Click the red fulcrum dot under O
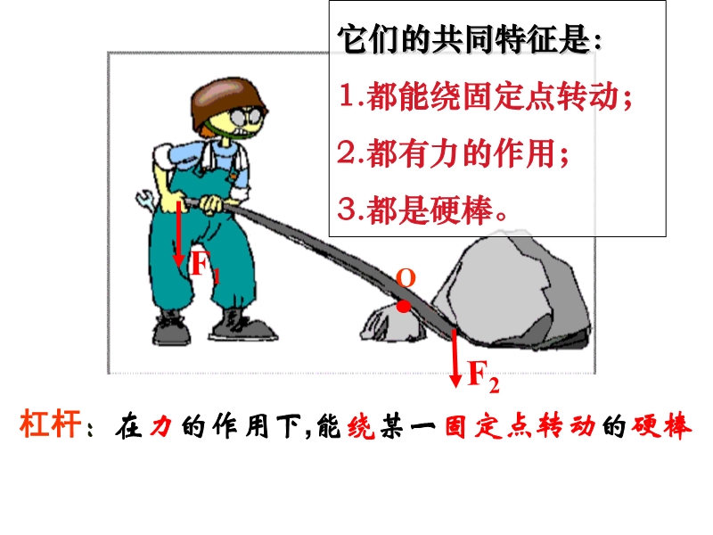[x=404, y=307]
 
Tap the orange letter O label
[x=406, y=278]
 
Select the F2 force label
[x=483, y=377]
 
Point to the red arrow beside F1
[x=179, y=234]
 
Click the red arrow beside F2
[x=455, y=358]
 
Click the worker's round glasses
[x=248, y=117]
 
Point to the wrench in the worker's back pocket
[x=146, y=201]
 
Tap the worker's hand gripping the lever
[x=212, y=204]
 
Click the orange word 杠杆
[x=50, y=424]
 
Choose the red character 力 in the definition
[x=161, y=426]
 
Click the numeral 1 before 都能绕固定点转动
[x=347, y=95]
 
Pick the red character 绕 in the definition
[x=361, y=426]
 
